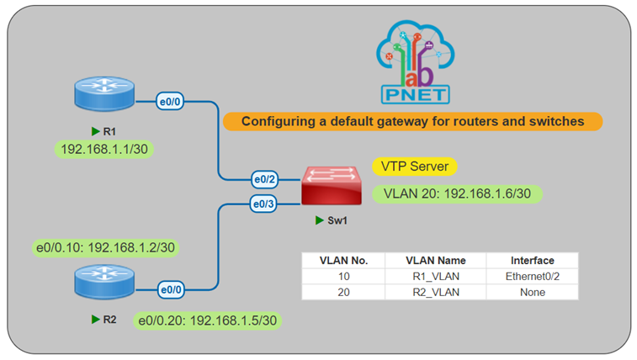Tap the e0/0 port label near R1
click(172, 103)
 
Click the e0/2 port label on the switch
click(266, 179)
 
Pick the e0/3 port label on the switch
click(266, 203)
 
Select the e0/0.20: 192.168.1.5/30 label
click(206, 320)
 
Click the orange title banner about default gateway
click(412, 121)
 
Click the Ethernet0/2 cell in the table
click(532, 276)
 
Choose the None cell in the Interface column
click(532, 292)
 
